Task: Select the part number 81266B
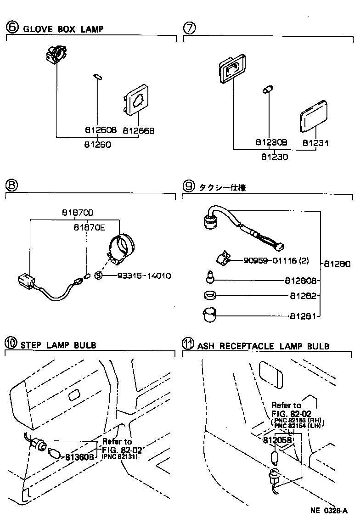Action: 138,130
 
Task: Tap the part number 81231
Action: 315,143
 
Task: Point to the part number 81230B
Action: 271,143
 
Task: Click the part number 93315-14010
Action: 144,276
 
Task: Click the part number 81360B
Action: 79,457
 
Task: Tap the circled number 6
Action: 12,28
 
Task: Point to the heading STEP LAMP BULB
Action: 58,345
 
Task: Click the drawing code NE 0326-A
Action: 328,511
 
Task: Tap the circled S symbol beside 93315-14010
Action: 98,276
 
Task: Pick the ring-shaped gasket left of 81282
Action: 210,295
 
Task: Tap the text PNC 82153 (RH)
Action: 294,421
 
